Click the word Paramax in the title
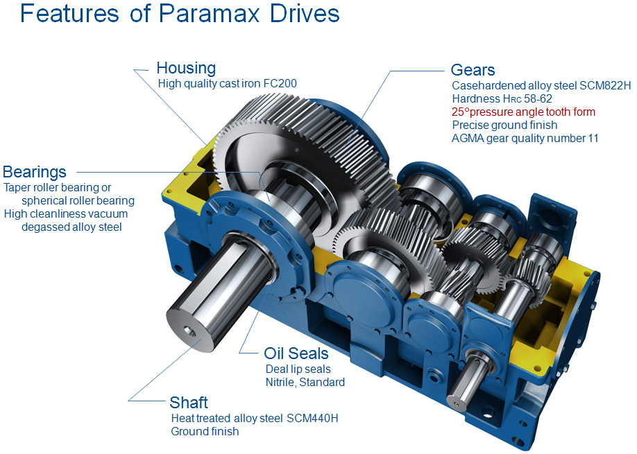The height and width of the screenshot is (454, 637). pos(209,14)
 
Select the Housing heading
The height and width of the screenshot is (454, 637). pos(186,68)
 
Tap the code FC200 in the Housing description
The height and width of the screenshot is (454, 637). pos(280,83)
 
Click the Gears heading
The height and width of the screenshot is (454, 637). pos(473,70)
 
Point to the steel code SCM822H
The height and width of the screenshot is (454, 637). pos(605,86)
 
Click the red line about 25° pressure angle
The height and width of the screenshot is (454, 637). pos(523,112)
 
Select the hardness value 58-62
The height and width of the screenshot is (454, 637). pos(538,98)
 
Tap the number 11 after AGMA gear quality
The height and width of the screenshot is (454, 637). pos(593,139)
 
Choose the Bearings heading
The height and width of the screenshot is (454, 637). pos(35,172)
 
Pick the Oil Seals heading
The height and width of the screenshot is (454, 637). pos(296,353)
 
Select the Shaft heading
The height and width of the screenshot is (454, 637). pos(189,403)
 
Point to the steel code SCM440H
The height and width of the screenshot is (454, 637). pos(312,418)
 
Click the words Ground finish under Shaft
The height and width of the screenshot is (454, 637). pos(205,431)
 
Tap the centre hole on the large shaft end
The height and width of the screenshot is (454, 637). pos(189,331)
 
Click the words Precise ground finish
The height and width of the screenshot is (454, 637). pos(504,125)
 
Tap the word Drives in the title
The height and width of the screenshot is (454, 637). pos(305,14)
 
